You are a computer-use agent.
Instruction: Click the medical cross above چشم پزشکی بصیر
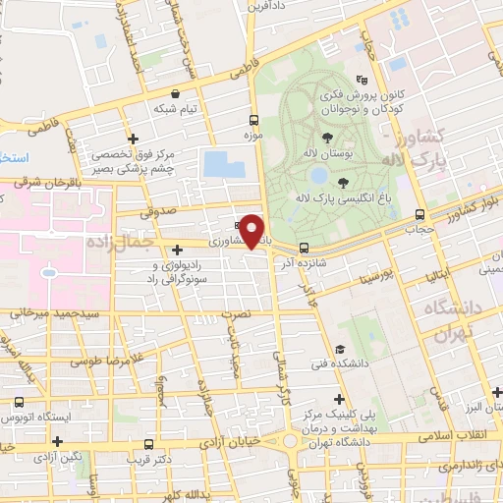click(x=134, y=140)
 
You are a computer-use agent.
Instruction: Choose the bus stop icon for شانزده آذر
click(x=304, y=248)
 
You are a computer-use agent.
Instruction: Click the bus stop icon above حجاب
click(x=420, y=214)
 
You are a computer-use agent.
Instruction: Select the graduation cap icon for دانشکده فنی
click(x=340, y=350)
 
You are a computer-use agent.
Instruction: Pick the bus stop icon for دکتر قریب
click(x=148, y=444)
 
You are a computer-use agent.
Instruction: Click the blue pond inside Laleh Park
click(x=318, y=175)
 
